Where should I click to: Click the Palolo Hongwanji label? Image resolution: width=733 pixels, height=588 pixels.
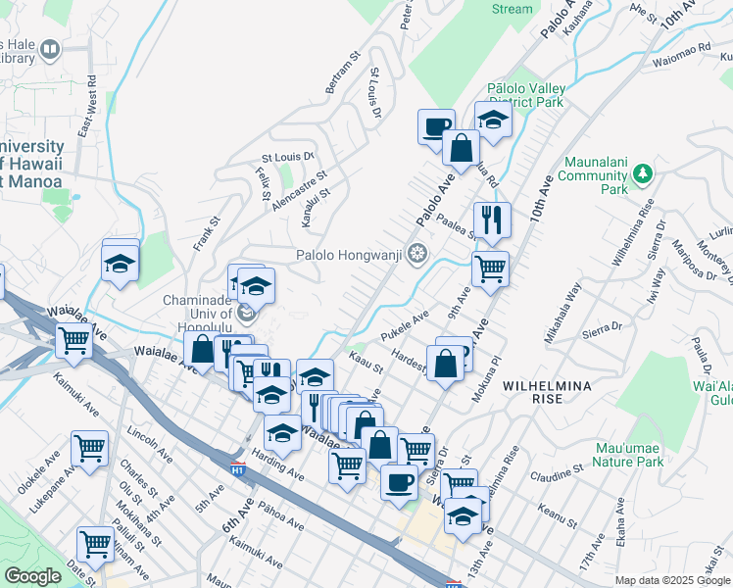351,256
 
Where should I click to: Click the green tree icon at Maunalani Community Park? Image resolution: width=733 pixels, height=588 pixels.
643,174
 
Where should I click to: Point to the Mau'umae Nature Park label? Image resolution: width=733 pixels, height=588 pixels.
629,456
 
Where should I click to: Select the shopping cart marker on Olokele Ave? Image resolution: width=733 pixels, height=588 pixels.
89,449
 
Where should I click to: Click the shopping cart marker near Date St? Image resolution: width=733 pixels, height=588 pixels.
95,543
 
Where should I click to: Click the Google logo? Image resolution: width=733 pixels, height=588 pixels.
32,576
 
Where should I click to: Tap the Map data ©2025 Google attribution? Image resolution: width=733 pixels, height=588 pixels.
672,580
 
